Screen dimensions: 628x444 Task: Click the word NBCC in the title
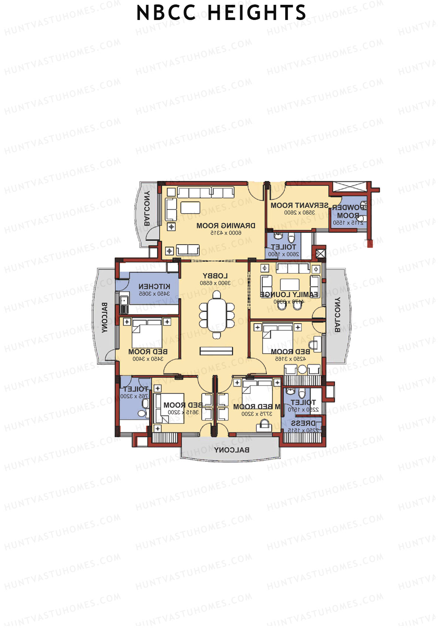tap(166, 13)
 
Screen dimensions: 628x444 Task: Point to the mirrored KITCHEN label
tap(154, 286)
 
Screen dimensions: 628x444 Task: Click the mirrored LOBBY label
tap(215, 276)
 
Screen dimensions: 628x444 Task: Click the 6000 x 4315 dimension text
tap(226, 233)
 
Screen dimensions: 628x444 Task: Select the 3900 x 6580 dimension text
tap(215, 283)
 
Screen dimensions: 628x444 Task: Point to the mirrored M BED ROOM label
tap(257, 407)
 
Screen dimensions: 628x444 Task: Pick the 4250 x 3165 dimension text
tap(290, 359)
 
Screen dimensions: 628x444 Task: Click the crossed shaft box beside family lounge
tap(319, 254)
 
